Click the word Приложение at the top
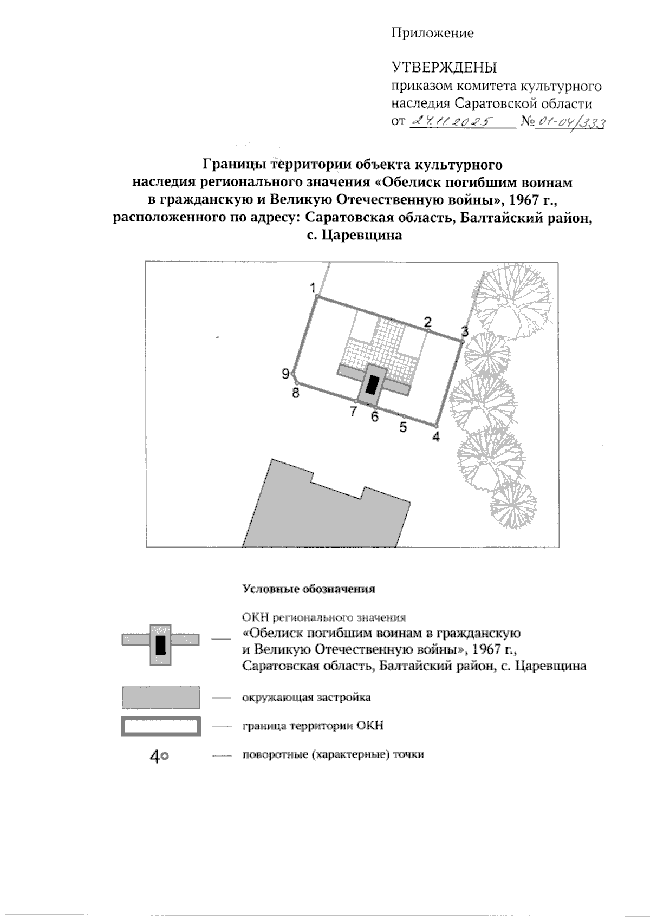pyautogui.click(x=432, y=34)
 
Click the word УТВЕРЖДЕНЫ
pyautogui.click(x=444, y=68)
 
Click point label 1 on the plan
pyautogui.click(x=313, y=287)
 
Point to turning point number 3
pyautogui.click(x=465, y=331)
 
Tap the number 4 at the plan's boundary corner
pyautogui.click(x=436, y=438)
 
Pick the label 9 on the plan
pyautogui.click(x=285, y=374)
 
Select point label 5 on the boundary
pyautogui.click(x=403, y=427)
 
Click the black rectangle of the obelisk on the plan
pyautogui.click(x=372, y=385)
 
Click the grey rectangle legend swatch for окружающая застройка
pyautogui.click(x=161, y=698)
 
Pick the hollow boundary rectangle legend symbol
pyautogui.click(x=161, y=726)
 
